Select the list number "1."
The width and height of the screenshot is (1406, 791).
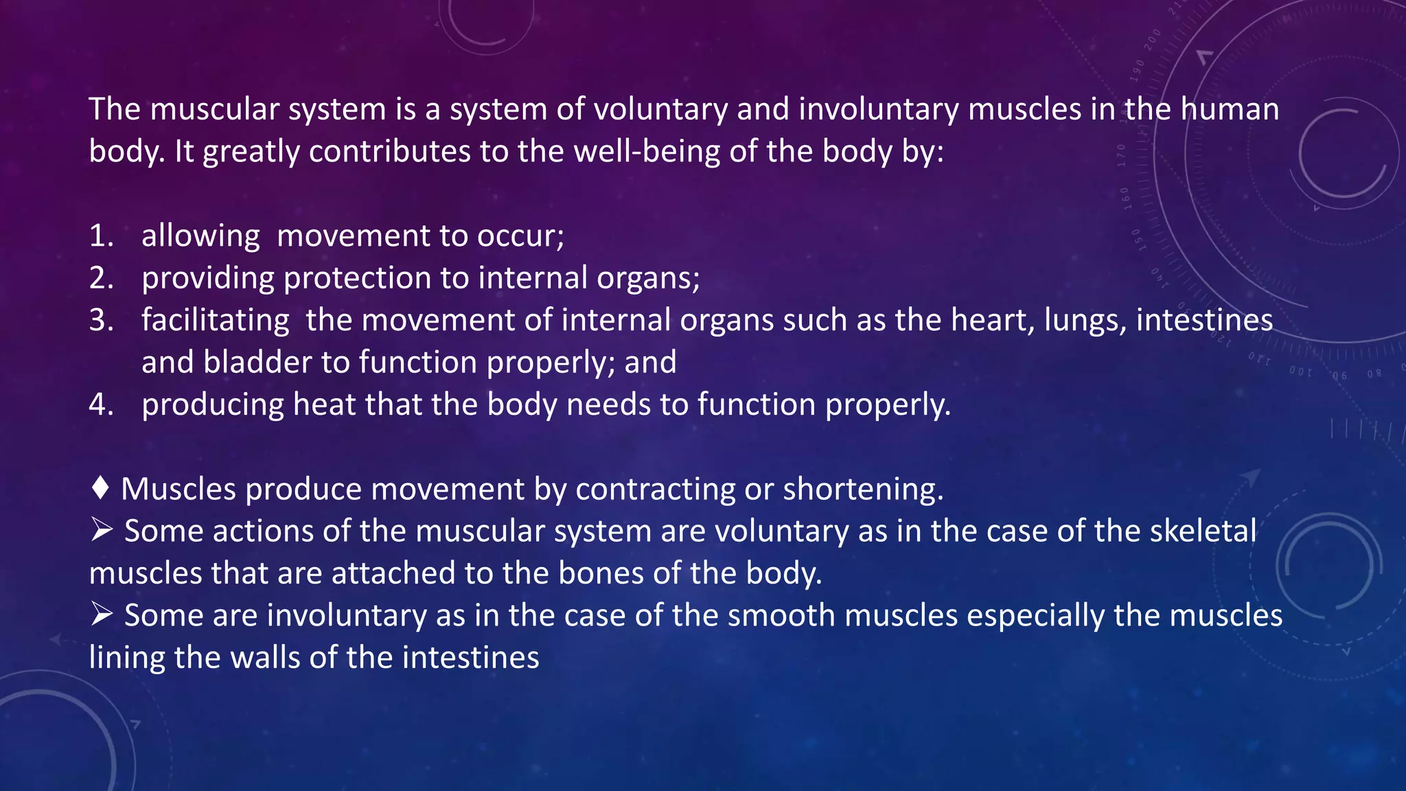pyautogui.click(x=102, y=236)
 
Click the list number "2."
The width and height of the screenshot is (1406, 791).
pyautogui.click(x=102, y=278)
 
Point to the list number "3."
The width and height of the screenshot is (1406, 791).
pyautogui.click(x=102, y=320)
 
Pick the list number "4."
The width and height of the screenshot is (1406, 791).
pyautogui.click(x=102, y=404)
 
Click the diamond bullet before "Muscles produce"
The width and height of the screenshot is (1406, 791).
pyautogui.click(x=100, y=488)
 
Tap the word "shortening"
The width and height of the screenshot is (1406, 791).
pyautogui.click(x=862, y=489)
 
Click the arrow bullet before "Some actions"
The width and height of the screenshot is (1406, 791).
pyautogui.click(x=102, y=530)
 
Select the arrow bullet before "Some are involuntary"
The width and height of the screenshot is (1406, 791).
pyautogui.click(x=102, y=615)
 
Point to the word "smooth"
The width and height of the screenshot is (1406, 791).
pyautogui.click(x=781, y=615)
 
